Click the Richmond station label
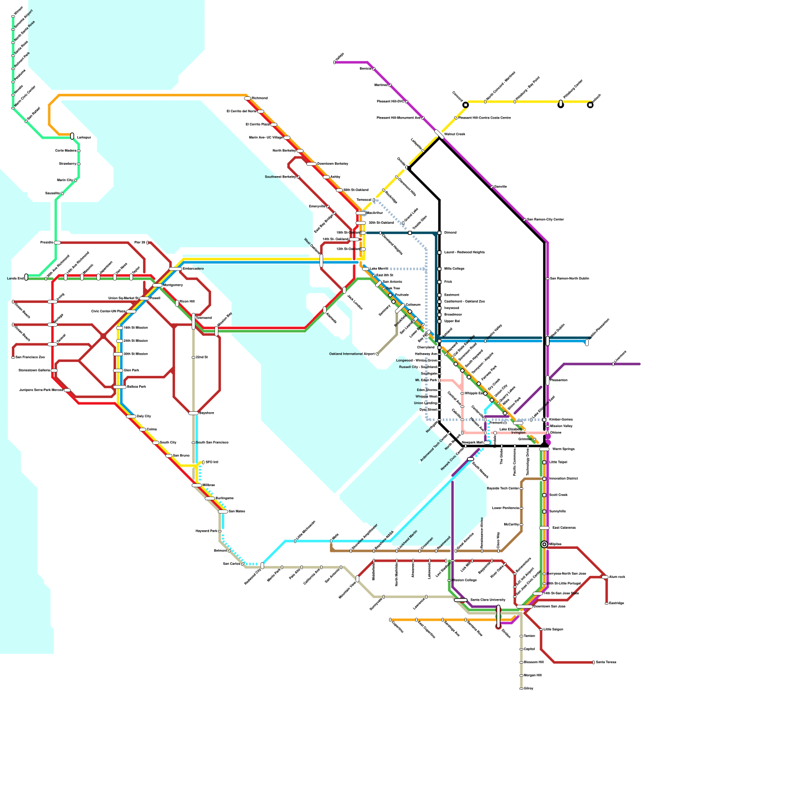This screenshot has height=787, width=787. [x=259, y=98]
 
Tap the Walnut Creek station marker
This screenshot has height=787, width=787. [x=439, y=134]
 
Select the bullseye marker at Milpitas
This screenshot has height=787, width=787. [x=544, y=544]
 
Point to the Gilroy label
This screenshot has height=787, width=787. [x=528, y=688]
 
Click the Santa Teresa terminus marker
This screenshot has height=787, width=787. [x=593, y=662]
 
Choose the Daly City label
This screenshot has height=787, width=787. [x=144, y=416]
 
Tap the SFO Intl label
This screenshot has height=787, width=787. [x=212, y=462]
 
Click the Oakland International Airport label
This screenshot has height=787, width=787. [x=352, y=354]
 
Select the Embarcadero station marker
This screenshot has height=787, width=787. [x=176, y=269]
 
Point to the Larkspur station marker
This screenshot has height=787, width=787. [x=72, y=136]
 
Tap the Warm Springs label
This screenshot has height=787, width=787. [x=563, y=449]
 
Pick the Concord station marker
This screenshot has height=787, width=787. [x=466, y=105]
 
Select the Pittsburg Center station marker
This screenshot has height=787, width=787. [x=561, y=104]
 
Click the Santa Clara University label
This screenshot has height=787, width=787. [x=487, y=600]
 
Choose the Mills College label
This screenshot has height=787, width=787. [x=454, y=269]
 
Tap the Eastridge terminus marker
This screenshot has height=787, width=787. [x=606, y=603]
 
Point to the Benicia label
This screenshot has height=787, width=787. [x=365, y=68]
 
